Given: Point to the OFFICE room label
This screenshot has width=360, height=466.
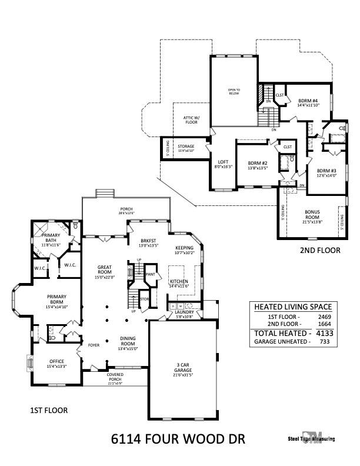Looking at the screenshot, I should [x=57, y=361].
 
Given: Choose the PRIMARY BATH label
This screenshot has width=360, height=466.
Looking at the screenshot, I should [x=52, y=238].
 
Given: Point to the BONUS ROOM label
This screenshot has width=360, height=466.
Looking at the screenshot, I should [x=312, y=214].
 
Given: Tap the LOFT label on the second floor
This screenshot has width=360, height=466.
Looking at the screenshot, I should [x=223, y=162].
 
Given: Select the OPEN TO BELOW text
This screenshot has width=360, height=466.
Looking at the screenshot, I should [x=234, y=92].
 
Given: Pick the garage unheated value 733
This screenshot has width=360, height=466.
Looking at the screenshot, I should [x=322, y=341].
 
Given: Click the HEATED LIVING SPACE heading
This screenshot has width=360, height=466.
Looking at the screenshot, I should [x=292, y=307].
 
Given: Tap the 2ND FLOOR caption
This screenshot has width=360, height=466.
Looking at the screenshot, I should [x=321, y=250].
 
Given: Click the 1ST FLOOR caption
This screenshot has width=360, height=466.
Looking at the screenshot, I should [x=49, y=410].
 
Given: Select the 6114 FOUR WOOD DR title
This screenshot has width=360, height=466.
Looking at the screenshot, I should [x=178, y=439].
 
